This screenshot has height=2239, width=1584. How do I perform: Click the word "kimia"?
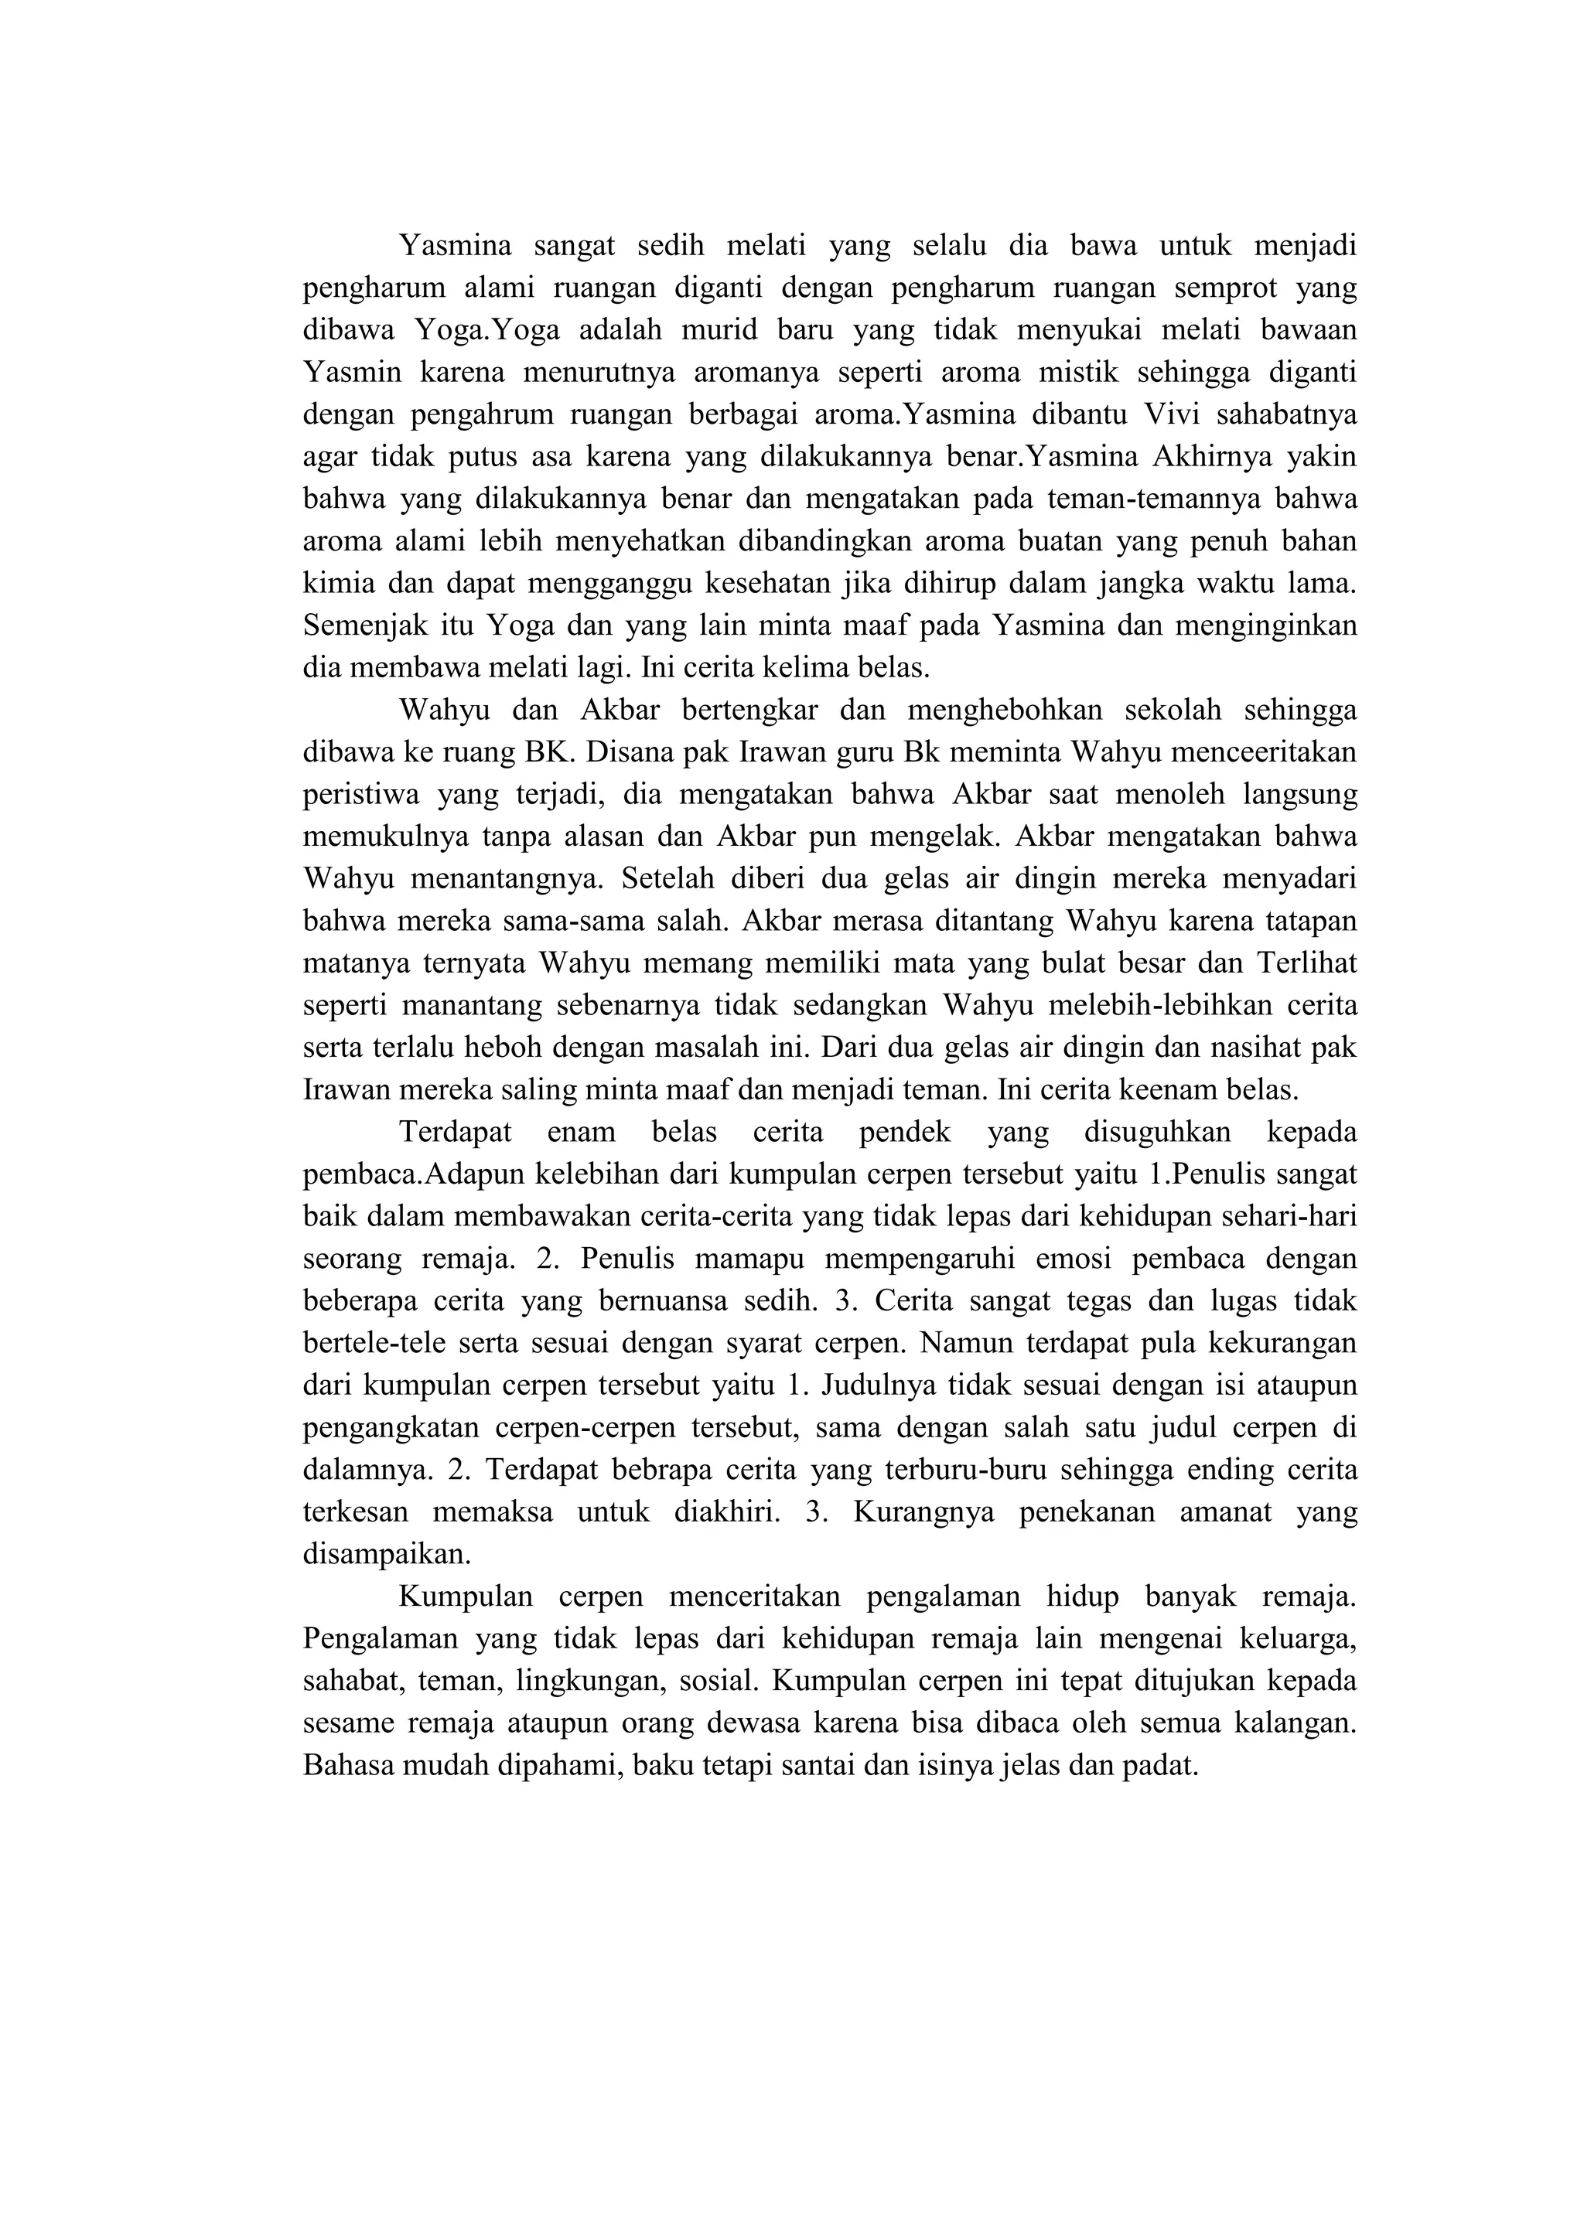click(335, 583)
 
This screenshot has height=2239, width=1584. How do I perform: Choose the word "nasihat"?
click(1244, 1048)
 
